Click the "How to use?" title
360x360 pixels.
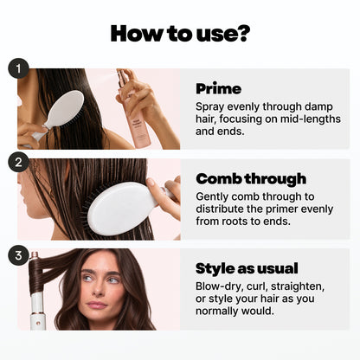(x=180, y=34)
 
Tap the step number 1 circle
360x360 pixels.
(x=18, y=68)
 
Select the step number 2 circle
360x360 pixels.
(x=18, y=162)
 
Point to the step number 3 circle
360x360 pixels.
(x=18, y=255)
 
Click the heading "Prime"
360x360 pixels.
(x=218, y=88)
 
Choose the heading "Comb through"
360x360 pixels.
(x=251, y=179)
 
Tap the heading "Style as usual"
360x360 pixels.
(x=247, y=268)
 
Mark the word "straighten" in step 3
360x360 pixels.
(x=298, y=286)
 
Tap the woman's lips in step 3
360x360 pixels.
(x=97, y=305)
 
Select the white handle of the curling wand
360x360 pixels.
(x=37, y=311)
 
